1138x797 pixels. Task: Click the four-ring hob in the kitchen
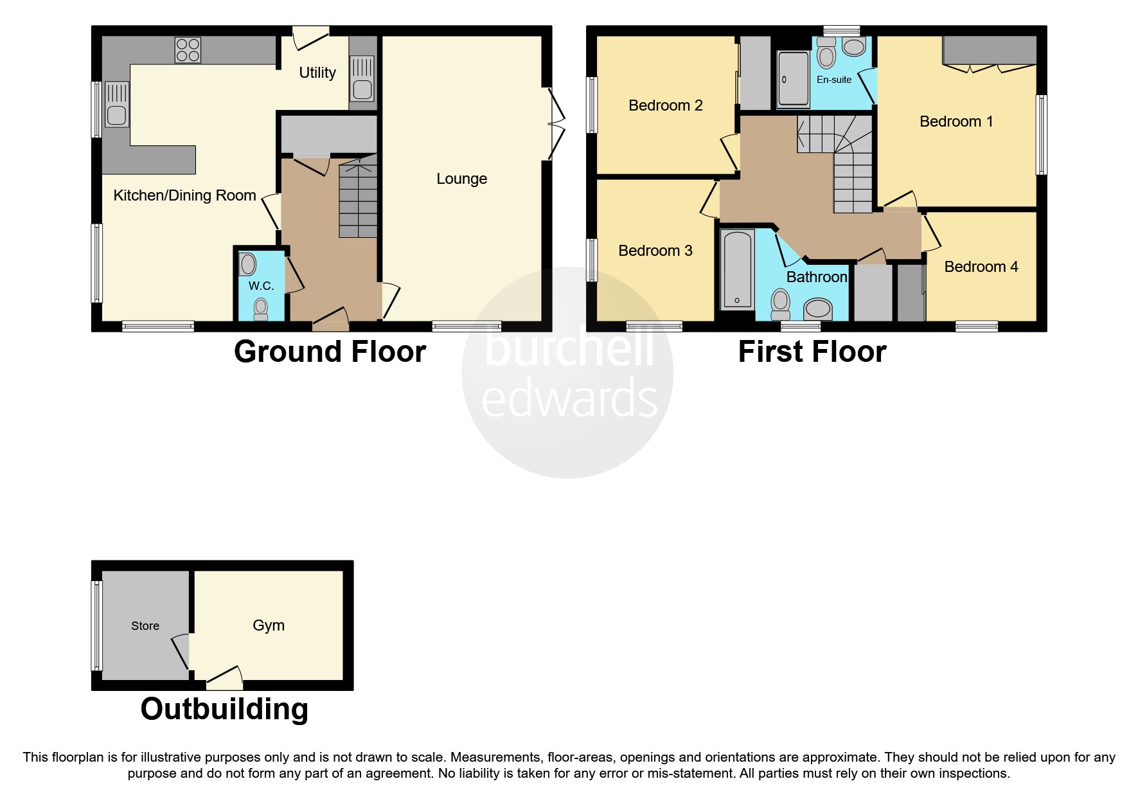coord(188,49)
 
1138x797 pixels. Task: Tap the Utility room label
coord(317,73)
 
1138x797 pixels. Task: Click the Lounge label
coord(461,179)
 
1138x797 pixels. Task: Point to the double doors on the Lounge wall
coord(555,124)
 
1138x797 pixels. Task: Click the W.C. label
coord(261,286)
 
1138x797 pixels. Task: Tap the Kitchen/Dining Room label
coord(184,195)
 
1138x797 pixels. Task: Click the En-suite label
coord(834,80)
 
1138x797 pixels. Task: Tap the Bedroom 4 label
coord(981,267)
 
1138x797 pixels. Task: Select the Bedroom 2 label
coord(665,105)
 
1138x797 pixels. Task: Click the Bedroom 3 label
coord(655,251)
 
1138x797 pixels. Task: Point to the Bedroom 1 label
coord(956,121)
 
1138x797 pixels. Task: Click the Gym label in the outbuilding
coord(268,625)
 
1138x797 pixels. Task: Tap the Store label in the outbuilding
coord(145,626)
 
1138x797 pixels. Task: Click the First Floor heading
coord(812,352)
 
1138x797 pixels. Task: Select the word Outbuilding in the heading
coord(224,710)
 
